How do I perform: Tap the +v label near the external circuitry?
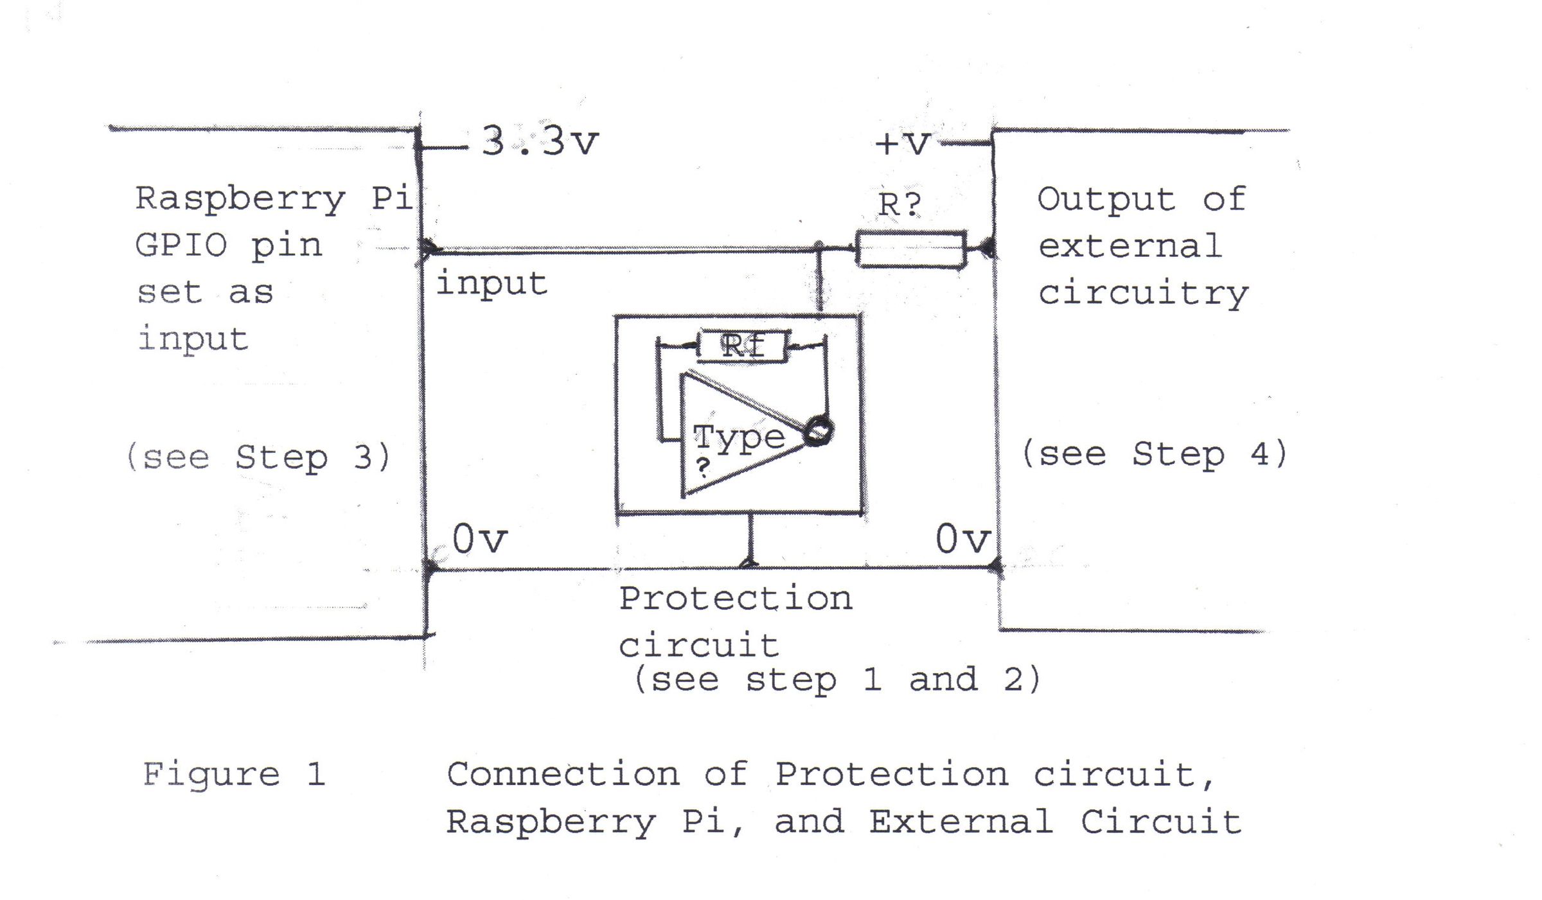pyautogui.click(x=903, y=143)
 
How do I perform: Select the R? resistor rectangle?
pyautogui.click(x=911, y=249)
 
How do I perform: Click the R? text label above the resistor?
pyautogui.click(x=899, y=205)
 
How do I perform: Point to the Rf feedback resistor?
pyautogui.click(x=743, y=346)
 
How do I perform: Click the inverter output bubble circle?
pyautogui.click(x=819, y=431)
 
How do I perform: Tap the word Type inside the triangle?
pyautogui.click(x=739, y=439)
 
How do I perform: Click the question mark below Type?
pyautogui.click(x=704, y=467)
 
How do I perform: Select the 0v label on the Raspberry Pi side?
pyautogui.click(x=479, y=539)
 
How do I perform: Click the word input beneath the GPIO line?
pyautogui.click(x=492, y=284)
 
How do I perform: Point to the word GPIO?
pyautogui.click(x=181, y=245)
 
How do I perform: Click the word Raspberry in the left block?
pyautogui.click(x=240, y=199)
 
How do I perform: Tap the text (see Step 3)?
pyautogui.click(x=259, y=457)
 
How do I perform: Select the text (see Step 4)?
pyautogui.click(x=1155, y=454)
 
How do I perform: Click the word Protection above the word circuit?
pyautogui.click(x=736, y=599)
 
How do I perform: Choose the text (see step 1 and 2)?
pyautogui.click(x=837, y=680)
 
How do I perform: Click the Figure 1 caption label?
pyautogui.click(x=234, y=774)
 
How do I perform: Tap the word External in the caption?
pyautogui.click(x=961, y=822)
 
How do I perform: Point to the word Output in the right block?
pyautogui.click(x=1106, y=199)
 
